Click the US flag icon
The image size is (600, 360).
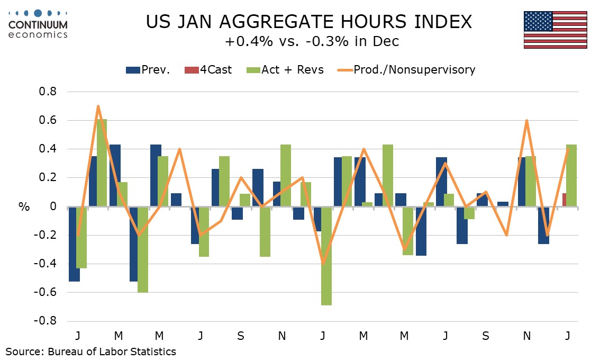(555, 30)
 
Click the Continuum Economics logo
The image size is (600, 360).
(38, 24)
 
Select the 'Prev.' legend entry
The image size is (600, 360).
(148, 70)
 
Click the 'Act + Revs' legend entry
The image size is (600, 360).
(286, 70)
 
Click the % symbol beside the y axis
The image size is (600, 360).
(24, 207)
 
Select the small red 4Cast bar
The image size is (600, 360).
(564, 200)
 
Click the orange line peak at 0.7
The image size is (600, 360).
(98, 106)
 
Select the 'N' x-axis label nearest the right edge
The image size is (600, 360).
(526, 336)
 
